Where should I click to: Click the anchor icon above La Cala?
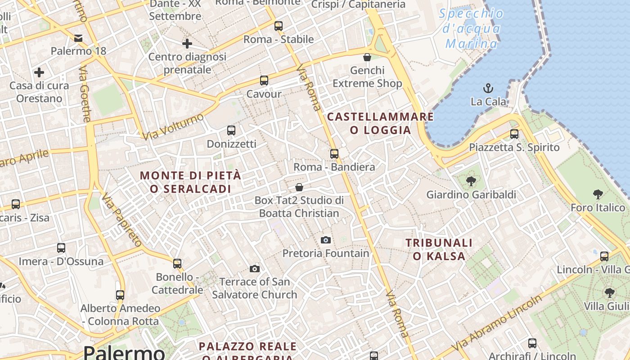click(x=488, y=88)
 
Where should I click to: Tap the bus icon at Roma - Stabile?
click(x=279, y=26)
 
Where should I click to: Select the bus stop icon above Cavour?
click(x=264, y=81)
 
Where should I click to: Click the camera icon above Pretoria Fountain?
click(x=326, y=240)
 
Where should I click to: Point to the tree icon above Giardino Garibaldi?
click(x=471, y=181)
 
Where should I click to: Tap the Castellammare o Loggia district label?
click(x=380, y=123)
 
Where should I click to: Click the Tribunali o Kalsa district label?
click(x=439, y=249)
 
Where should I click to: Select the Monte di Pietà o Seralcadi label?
click(x=190, y=182)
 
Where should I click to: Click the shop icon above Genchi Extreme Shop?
click(x=367, y=57)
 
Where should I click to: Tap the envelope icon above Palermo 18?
click(x=79, y=38)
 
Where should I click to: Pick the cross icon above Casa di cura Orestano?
click(x=39, y=72)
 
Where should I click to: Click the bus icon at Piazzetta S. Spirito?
click(x=514, y=134)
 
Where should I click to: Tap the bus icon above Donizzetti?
click(x=231, y=130)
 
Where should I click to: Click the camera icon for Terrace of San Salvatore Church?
click(x=255, y=269)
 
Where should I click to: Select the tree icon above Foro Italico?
click(x=598, y=194)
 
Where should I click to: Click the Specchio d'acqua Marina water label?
click(x=472, y=28)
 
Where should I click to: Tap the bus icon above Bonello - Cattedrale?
click(x=177, y=263)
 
